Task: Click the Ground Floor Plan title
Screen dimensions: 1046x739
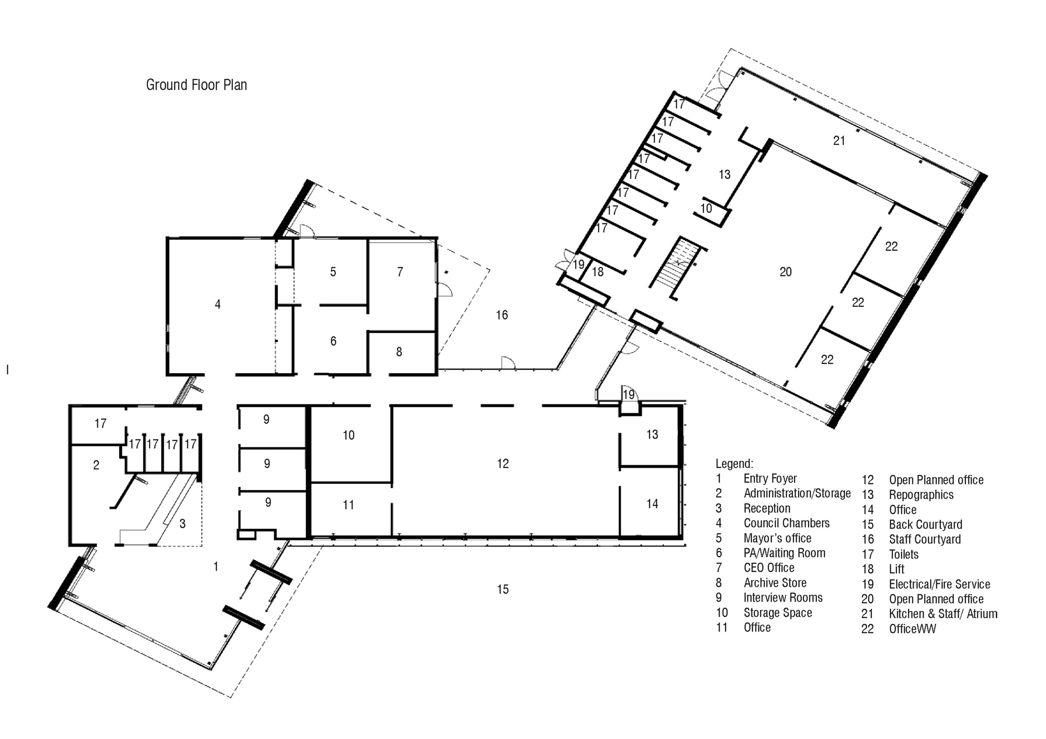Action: (x=196, y=85)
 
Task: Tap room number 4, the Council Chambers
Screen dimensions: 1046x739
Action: (x=218, y=304)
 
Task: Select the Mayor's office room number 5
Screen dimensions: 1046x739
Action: (x=333, y=272)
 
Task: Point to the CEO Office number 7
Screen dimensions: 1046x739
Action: (x=400, y=272)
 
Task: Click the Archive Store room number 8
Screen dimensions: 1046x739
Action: (x=399, y=352)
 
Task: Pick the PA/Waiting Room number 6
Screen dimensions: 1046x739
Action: (x=333, y=341)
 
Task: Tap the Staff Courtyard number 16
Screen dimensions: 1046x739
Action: (x=502, y=315)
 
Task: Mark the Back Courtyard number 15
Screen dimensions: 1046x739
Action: (x=503, y=590)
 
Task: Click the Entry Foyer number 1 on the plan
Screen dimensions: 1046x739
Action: (x=215, y=567)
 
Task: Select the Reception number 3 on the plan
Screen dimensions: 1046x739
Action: (x=182, y=524)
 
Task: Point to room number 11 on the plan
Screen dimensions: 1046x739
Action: (x=348, y=505)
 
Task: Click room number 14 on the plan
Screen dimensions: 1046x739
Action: (x=652, y=504)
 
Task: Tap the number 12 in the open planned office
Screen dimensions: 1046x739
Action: (x=503, y=464)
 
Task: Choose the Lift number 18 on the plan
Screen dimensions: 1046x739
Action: (x=598, y=272)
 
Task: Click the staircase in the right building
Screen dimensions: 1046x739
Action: (x=675, y=268)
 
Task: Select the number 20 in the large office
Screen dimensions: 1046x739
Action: (x=786, y=272)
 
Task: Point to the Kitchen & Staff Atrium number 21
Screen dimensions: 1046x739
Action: (x=839, y=141)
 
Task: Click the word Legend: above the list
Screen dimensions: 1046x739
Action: (x=734, y=464)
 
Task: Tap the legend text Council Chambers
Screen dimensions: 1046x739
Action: (x=787, y=523)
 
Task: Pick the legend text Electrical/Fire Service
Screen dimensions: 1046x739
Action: (x=939, y=584)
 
